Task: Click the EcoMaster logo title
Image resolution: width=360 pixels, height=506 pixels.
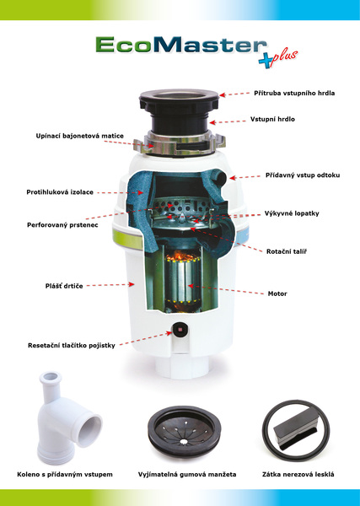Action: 181,45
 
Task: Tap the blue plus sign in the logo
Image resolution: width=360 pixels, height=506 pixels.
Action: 266,61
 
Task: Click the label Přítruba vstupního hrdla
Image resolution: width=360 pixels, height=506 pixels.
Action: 294,93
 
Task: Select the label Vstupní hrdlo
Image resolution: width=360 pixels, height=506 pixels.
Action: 272,119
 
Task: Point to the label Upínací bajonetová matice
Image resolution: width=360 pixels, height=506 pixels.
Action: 80,136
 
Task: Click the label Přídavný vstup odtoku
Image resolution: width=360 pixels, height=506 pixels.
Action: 303,175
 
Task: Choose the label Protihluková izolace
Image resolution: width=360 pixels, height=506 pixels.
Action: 60,192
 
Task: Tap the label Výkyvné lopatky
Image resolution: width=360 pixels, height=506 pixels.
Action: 292,213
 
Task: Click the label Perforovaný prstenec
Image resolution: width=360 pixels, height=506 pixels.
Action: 62,225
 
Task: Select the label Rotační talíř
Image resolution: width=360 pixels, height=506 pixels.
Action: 287,251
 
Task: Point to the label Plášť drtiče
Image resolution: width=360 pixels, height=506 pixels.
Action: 64,286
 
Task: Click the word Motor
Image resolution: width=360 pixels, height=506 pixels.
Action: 277,293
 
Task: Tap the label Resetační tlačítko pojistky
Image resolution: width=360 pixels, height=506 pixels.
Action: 72,345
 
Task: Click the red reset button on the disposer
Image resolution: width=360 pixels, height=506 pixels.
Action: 180,330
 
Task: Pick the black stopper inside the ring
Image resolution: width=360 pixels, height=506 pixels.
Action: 296,430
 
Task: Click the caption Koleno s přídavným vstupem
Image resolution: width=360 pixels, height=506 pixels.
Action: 65,474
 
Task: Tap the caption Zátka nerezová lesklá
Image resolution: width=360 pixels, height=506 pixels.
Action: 298,474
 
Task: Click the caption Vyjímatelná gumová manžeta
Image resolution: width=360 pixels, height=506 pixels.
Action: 187,474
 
